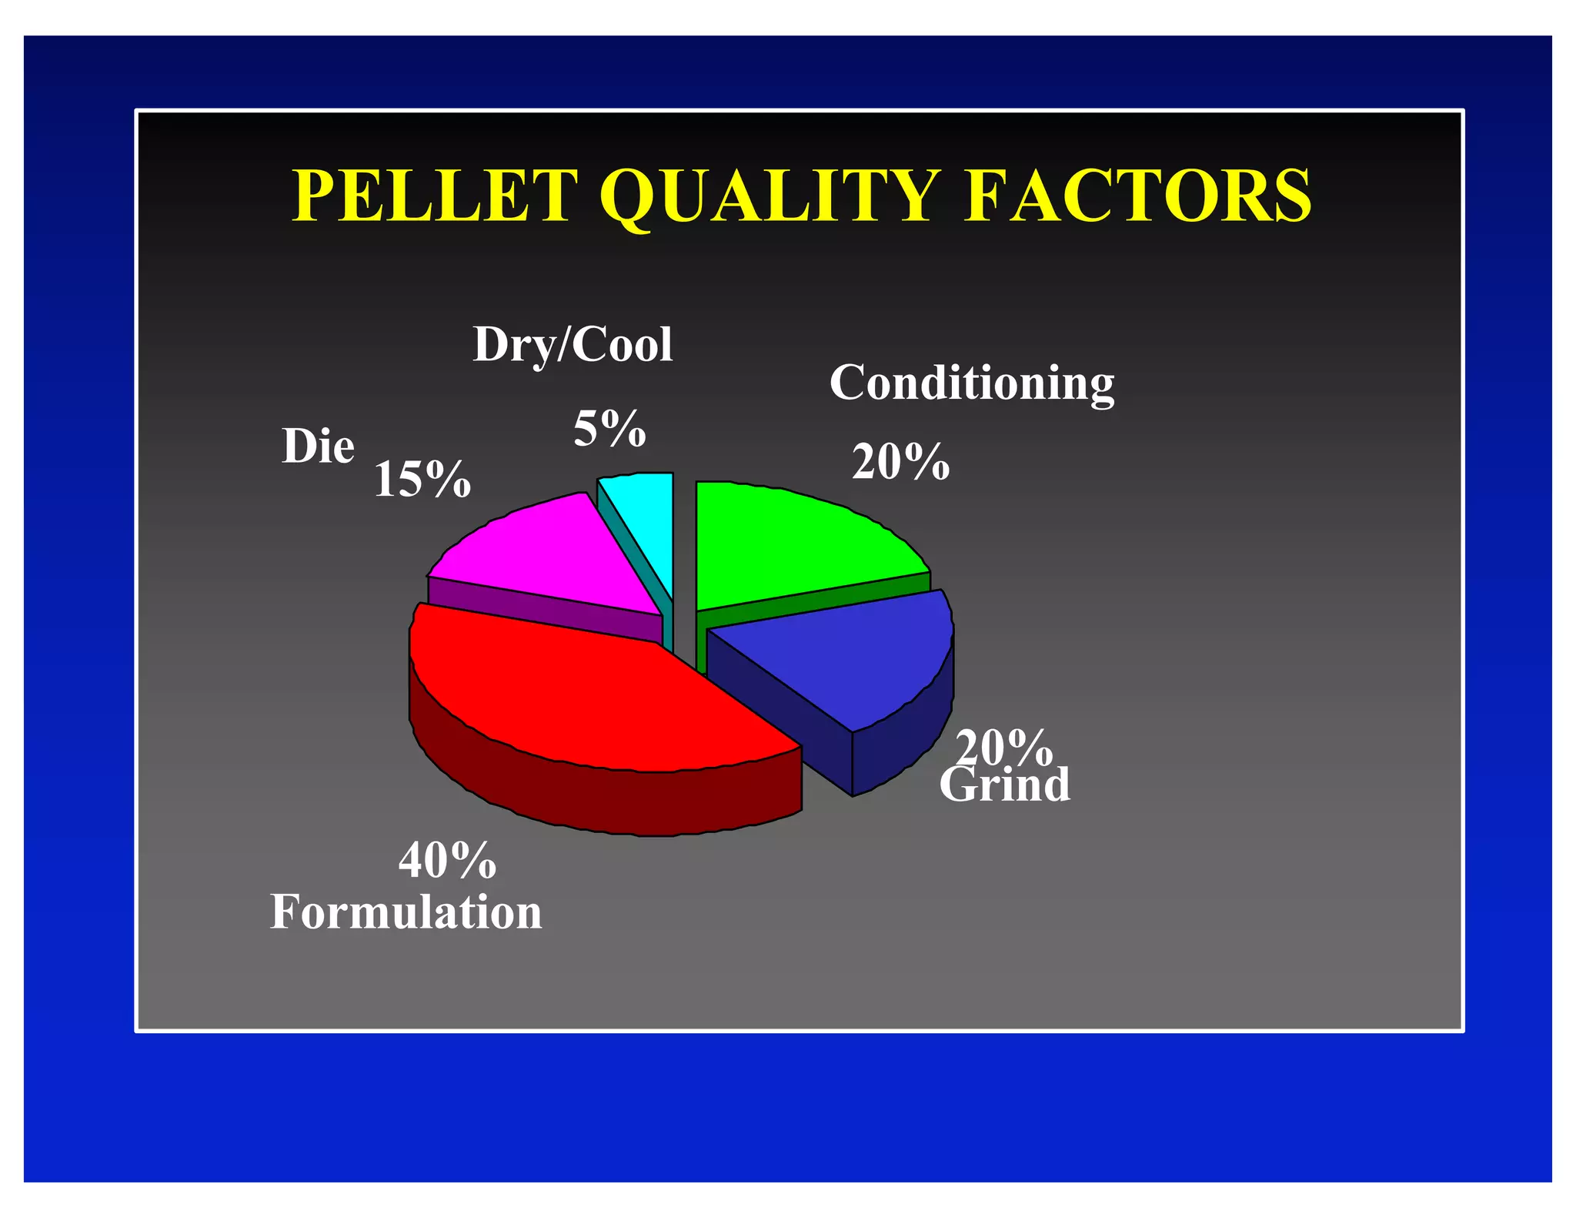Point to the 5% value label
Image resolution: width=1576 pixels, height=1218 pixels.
click(x=609, y=429)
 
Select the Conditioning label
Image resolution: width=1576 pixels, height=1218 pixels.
click(x=971, y=383)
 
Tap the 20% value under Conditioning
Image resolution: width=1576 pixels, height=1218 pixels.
click(x=900, y=463)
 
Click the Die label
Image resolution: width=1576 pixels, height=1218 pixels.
click(x=318, y=447)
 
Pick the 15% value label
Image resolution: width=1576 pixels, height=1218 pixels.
click(x=422, y=480)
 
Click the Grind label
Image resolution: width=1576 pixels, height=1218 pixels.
click(x=1004, y=785)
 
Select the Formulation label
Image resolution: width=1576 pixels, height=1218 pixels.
click(x=406, y=912)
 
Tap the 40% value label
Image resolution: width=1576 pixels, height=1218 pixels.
click(x=447, y=860)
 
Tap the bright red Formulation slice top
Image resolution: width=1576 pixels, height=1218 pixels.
click(x=585, y=693)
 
